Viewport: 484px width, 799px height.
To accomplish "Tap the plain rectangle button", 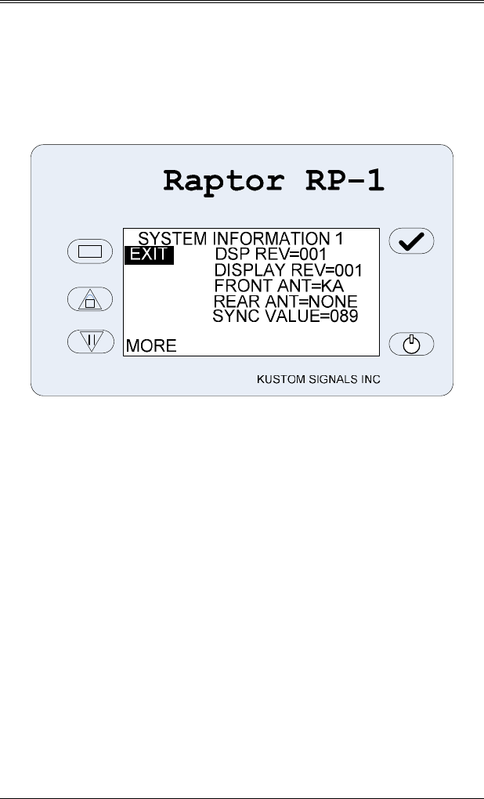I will pyautogui.click(x=91, y=251).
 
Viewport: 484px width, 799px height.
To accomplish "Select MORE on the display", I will pyautogui.click(x=151, y=345).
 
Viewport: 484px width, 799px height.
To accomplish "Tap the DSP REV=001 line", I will pyautogui.click(x=270, y=255).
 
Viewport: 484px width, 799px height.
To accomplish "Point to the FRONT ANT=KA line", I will pyautogui.click(x=279, y=286).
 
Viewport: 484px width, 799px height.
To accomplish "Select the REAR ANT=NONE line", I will pyautogui.click(x=285, y=302).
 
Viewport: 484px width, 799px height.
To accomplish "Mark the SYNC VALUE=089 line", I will pyautogui.click(x=285, y=316).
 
